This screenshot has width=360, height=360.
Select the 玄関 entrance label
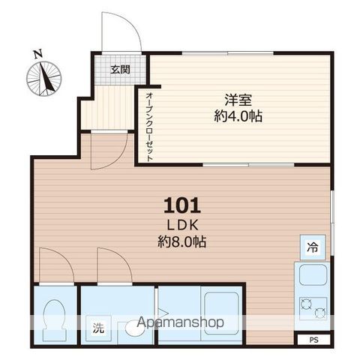[120, 70]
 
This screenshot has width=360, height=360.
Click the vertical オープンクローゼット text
[149, 125]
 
